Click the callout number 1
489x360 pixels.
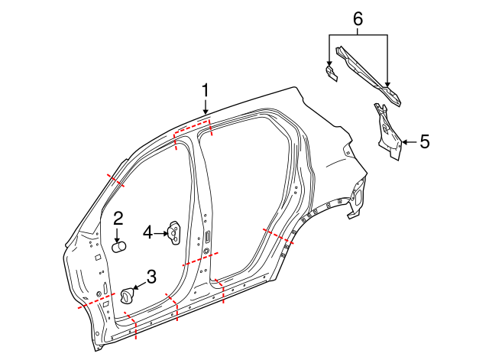[x=205, y=91]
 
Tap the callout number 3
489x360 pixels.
[x=151, y=277]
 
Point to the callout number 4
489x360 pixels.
[x=147, y=231]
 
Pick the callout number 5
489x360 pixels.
[x=425, y=141]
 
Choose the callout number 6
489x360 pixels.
[x=357, y=17]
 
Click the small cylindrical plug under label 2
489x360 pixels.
[x=120, y=246]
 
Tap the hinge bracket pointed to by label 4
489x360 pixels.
[x=175, y=233]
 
